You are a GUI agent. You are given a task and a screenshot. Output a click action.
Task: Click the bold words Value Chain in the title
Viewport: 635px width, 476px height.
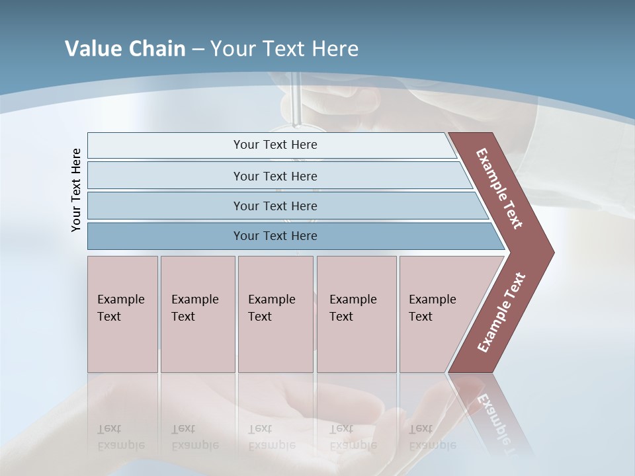[125, 49]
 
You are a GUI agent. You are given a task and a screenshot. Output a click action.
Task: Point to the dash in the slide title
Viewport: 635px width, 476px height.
[198, 50]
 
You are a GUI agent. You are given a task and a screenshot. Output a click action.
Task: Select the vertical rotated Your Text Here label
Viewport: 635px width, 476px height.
[76, 190]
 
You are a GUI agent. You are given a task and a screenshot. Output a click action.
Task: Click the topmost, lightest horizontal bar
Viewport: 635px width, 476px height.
[275, 145]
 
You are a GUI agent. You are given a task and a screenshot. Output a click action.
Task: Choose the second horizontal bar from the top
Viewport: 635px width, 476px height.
[275, 176]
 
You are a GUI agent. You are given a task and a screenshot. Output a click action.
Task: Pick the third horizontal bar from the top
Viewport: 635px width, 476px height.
[275, 206]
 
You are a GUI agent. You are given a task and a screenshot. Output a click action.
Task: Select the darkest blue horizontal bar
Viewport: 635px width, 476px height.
[275, 236]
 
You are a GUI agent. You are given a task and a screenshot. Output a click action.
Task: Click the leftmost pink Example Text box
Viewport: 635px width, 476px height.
[122, 314]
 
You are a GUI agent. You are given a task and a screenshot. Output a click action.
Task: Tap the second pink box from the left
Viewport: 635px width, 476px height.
[197, 314]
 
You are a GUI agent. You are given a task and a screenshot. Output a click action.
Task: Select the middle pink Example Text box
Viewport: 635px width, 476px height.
[275, 314]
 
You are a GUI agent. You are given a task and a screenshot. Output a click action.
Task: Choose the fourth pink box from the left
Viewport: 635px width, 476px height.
[356, 314]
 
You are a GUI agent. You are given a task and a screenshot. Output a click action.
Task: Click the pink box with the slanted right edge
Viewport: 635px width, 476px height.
[437, 314]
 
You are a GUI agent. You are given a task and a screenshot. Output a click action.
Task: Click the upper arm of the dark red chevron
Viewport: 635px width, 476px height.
[499, 188]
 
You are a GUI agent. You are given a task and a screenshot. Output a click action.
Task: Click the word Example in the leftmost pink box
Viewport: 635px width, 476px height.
[120, 299]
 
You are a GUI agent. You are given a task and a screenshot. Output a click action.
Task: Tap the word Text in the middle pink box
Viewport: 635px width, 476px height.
[260, 317]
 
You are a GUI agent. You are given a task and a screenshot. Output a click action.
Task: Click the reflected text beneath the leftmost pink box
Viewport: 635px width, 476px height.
[120, 438]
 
